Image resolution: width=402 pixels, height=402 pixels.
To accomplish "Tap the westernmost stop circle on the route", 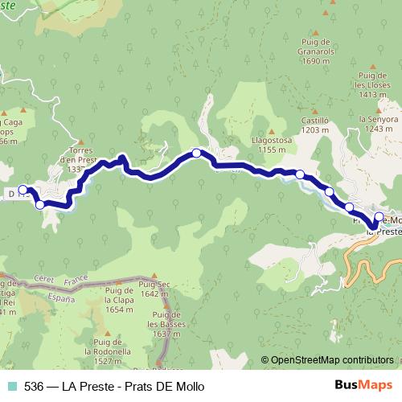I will [23, 191].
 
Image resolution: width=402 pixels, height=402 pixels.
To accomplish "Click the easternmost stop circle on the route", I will [379, 216].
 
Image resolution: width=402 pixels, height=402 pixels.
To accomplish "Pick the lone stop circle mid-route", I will [196, 153].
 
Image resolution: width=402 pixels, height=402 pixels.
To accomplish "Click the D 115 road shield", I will [14, 194].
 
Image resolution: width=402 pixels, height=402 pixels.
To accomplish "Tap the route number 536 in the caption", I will [33, 387].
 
